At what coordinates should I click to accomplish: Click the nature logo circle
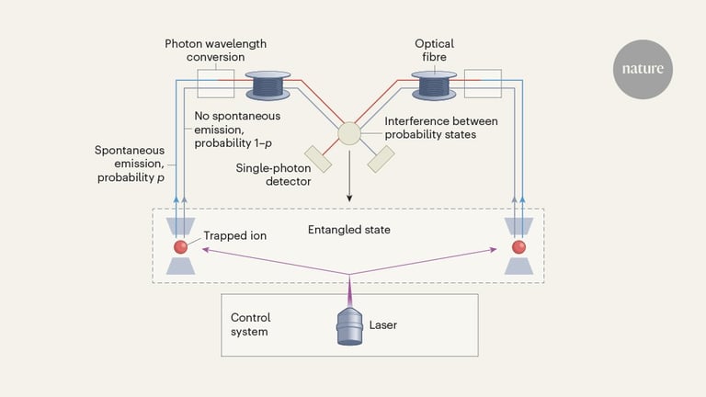pyautogui.click(x=643, y=69)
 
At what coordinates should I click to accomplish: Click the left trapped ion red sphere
pyautogui.click(x=179, y=246)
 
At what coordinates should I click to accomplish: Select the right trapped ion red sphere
pyautogui.click(x=518, y=246)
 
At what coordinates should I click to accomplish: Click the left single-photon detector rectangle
pyautogui.click(x=316, y=158)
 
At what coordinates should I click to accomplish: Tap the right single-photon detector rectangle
pyautogui.click(x=381, y=158)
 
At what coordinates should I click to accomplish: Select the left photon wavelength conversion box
pyautogui.click(x=214, y=84)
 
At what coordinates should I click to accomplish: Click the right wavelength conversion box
pyautogui.click(x=483, y=84)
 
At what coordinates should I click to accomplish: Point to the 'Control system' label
pyautogui.click(x=249, y=323)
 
